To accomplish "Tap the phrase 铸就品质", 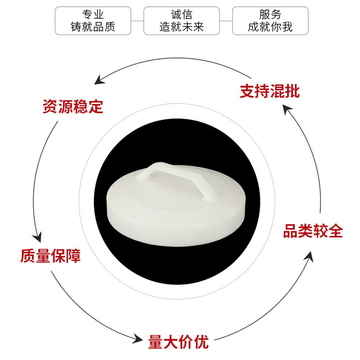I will coord(93,27).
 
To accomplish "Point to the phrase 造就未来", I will coord(181,27).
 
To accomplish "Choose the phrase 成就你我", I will coord(270,27).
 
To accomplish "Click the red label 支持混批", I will coord(269,91).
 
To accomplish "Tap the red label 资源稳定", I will coord(73,107).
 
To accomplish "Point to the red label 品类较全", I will coord(313,231).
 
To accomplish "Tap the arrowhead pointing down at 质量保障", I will coord(38,237).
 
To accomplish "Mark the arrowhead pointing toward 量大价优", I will coord(140,338).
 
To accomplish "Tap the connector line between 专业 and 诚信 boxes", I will coord(137,21).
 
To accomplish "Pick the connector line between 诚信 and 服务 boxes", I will coord(225,21).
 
